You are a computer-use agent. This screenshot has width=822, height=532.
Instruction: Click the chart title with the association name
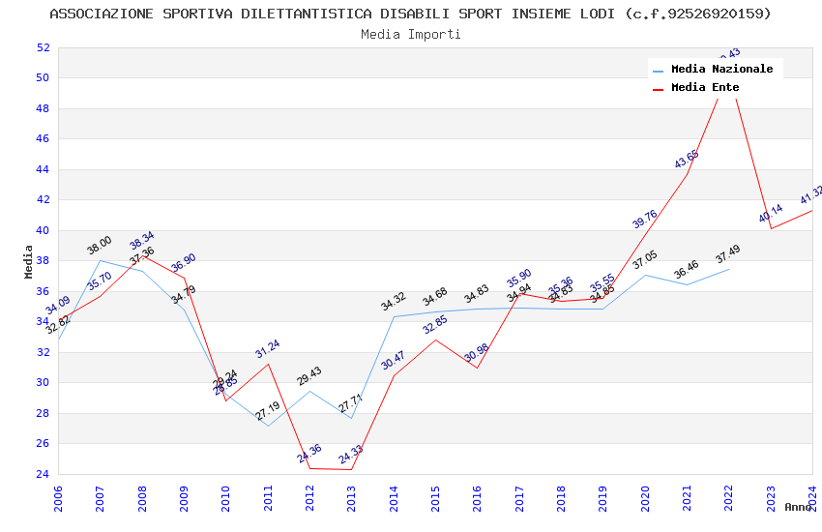coord(410,14)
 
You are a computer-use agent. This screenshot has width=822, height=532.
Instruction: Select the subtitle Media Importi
coord(410,34)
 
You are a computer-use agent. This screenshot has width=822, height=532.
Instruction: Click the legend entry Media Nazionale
coord(721,69)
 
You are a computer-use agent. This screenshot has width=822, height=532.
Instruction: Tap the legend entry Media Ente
coord(705,87)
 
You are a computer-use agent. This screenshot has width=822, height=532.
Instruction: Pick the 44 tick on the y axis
coord(43,169)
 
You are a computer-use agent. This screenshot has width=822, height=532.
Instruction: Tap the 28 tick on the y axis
coord(43,413)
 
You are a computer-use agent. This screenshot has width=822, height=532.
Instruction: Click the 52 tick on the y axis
coord(43,47)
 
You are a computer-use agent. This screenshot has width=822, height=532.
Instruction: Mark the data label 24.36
coord(309,453)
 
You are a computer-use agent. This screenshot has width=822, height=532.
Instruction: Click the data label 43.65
coord(687,159)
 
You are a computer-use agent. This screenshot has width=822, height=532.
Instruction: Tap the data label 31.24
coord(268,348)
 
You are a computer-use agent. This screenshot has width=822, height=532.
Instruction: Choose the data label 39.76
coord(645,219)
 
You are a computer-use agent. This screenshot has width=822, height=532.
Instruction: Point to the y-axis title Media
coord(29,261)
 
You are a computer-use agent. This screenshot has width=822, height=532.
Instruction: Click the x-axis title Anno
coord(799,507)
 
